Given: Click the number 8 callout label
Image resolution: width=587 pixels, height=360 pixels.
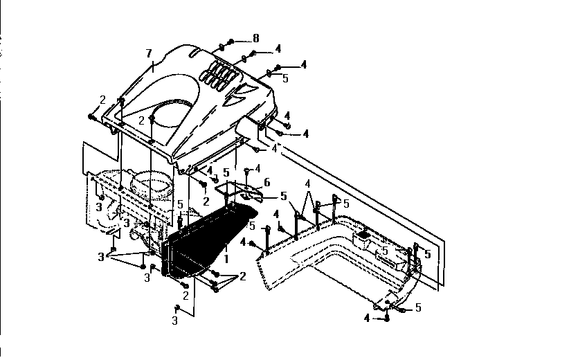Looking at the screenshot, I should click(x=257, y=38).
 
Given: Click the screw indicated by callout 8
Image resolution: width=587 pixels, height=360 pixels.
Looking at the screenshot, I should click(x=230, y=42).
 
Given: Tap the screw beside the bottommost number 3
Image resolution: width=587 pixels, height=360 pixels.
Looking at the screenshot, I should click(x=177, y=307).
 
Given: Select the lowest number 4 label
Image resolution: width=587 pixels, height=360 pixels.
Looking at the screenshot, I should click(x=366, y=318).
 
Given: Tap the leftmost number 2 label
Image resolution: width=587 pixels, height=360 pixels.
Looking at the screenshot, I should click(x=102, y=100).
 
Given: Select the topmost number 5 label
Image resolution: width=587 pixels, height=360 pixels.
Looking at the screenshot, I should click(x=285, y=78).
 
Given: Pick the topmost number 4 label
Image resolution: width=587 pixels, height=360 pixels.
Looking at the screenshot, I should click(x=278, y=49).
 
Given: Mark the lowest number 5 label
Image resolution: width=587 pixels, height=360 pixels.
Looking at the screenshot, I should click(x=418, y=306).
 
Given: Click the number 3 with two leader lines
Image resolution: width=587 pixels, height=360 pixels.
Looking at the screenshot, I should click(x=101, y=257).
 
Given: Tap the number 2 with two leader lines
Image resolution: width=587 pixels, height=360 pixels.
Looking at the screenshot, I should click(x=242, y=277).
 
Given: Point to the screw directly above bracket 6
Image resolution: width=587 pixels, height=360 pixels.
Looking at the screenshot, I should click(x=246, y=170).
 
